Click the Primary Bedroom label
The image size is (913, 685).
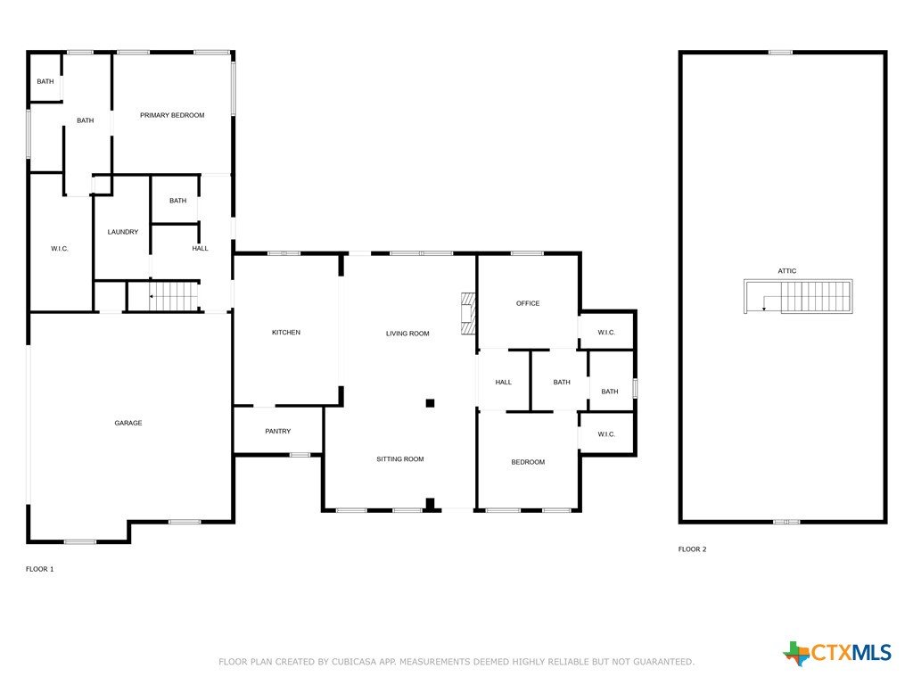point(172,115)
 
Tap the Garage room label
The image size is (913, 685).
point(128,423)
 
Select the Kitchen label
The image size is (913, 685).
point(286,332)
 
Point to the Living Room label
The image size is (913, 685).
point(407,334)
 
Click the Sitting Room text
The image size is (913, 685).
point(400,459)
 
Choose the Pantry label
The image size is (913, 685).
point(278,431)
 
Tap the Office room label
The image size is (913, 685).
point(528,303)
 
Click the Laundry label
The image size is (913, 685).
point(123,232)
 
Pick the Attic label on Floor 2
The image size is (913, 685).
point(787,271)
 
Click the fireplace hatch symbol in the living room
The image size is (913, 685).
point(468,313)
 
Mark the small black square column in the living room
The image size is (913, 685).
point(430,403)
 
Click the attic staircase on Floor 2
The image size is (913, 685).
point(798,296)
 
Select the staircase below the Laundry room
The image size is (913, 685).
point(174,296)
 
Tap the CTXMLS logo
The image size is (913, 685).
point(837,653)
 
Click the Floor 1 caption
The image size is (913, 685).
point(39,569)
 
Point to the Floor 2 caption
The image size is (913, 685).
point(692,549)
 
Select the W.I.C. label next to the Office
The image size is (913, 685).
point(606,333)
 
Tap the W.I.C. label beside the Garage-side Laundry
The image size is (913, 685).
point(60,249)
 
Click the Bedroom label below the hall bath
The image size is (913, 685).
point(528,462)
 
